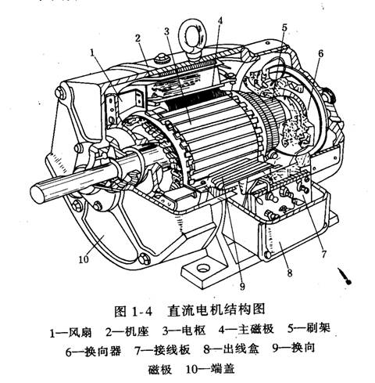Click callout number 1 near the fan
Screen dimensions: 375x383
[x=92, y=52]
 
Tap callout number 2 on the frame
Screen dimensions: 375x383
[x=137, y=38]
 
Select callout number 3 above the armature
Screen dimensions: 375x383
[x=166, y=31]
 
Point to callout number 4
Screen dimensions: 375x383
[x=220, y=20]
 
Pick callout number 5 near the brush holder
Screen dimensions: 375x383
[x=284, y=27]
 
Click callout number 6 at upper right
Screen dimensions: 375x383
[x=320, y=53]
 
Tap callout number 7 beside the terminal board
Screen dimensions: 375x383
[x=323, y=254]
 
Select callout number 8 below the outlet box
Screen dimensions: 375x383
[x=290, y=273]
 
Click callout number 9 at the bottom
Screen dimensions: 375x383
[x=242, y=287]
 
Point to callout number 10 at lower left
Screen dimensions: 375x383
[x=84, y=259]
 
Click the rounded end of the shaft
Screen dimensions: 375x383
[x=37, y=193]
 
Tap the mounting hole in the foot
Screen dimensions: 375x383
[x=203, y=268]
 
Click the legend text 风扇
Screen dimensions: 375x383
[x=80, y=332]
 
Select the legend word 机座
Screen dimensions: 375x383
[x=137, y=331]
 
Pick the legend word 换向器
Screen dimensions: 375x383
[x=103, y=351]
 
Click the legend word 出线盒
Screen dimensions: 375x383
[x=241, y=349]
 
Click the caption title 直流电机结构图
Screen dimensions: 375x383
[x=216, y=310]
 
